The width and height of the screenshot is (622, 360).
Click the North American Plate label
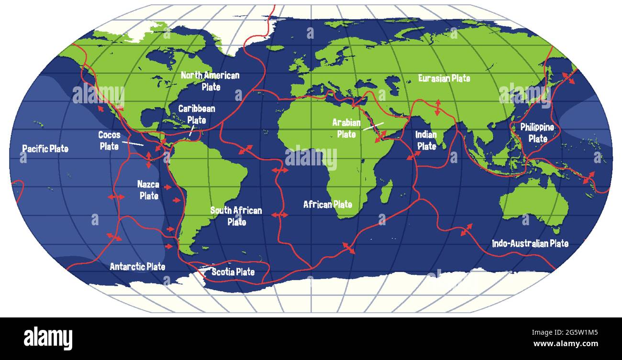coord(210,81)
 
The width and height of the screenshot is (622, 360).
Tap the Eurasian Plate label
coord(444,78)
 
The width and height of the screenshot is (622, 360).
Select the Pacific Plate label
coord(45,149)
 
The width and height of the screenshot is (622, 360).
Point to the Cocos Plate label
coord(109,141)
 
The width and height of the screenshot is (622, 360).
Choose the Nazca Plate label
coord(148,189)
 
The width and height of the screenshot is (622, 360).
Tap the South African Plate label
coord(236,216)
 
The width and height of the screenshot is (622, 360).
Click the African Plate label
coord(328,205)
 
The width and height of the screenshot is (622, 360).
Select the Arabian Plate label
coord(346,128)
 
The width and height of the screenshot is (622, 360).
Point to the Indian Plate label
coord(426,140)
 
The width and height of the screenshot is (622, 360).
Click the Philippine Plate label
coord(537,132)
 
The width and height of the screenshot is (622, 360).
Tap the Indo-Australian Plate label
coord(530,243)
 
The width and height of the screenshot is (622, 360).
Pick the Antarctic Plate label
coord(137,266)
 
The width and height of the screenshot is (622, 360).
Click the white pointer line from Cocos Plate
coord(132,143)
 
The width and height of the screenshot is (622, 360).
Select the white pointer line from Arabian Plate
coord(373,126)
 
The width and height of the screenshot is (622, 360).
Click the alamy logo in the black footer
coord(48,338)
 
